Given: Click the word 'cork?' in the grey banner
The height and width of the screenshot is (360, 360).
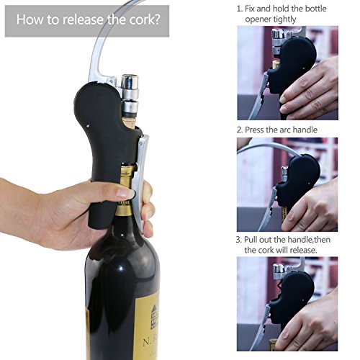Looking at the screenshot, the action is [145, 19].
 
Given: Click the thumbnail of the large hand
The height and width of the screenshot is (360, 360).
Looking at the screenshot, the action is [125, 193].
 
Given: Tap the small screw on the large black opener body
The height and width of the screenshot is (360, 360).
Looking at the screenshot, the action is [88, 125].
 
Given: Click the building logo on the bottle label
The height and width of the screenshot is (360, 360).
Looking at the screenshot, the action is [153, 316].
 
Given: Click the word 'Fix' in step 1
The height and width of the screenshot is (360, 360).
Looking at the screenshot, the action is [250, 9].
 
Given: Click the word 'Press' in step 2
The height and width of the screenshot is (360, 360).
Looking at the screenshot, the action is [254, 130].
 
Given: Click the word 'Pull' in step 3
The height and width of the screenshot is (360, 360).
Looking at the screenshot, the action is [250, 240].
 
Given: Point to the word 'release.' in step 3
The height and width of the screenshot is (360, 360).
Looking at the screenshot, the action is [304, 250].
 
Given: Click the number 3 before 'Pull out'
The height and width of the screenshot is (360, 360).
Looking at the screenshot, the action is [238, 240].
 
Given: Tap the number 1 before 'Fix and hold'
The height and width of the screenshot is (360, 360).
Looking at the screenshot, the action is [239, 9].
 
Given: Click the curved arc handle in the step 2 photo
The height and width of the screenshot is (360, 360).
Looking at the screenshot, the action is [269, 144].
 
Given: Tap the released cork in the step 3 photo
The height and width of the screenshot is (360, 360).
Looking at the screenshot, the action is [273, 343].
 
